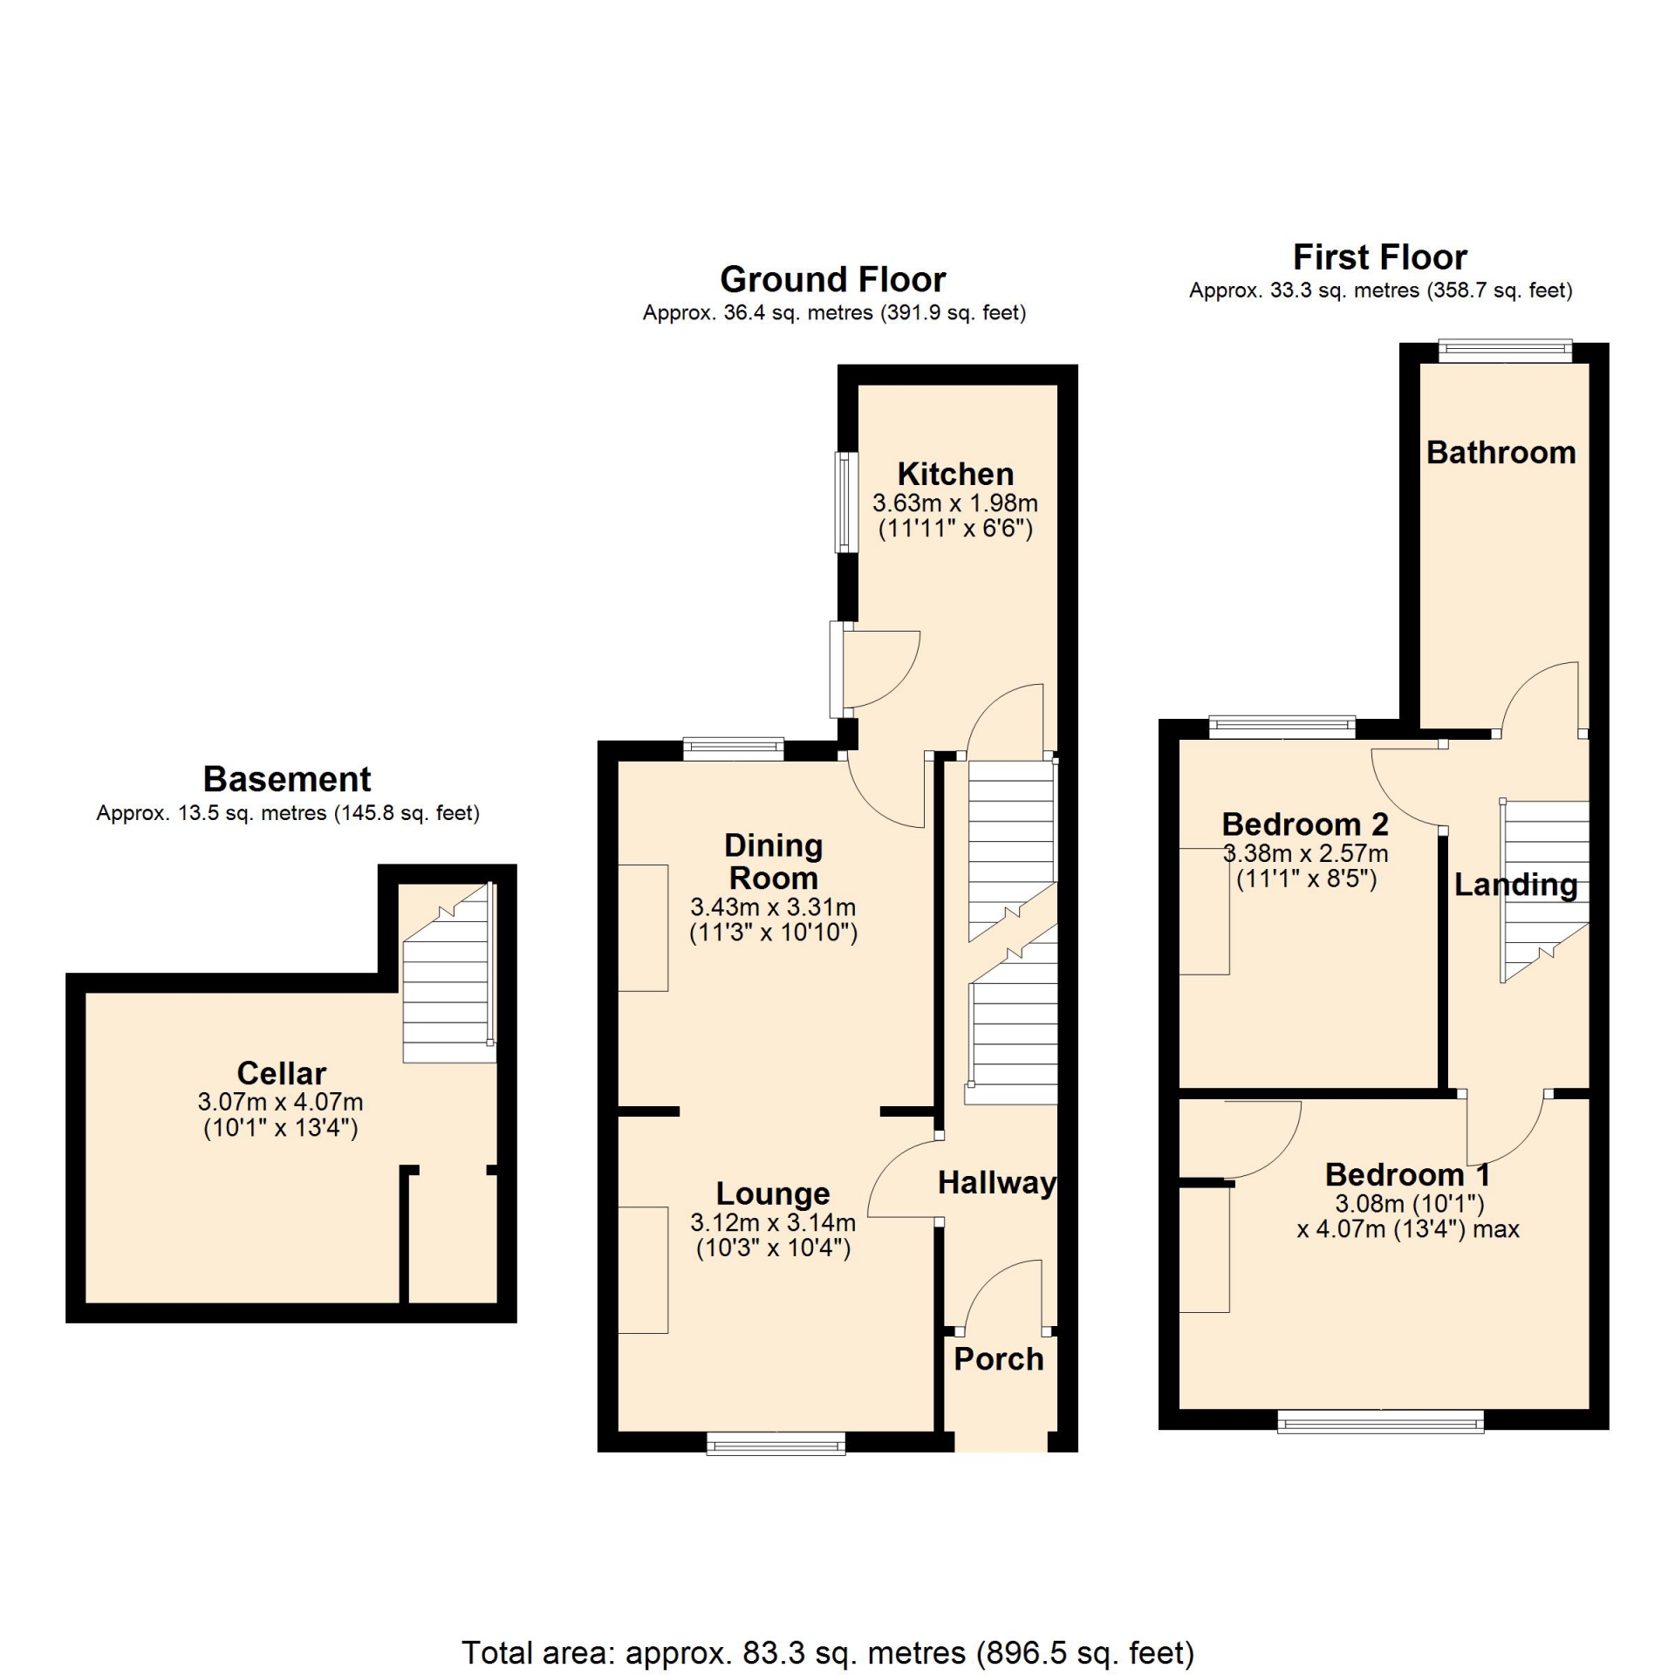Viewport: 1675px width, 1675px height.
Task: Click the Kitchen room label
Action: (955, 475)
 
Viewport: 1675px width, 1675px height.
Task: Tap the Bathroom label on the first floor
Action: (1501, 453)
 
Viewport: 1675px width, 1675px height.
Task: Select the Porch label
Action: (998, 1359)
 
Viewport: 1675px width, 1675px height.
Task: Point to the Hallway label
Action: (997, 1183)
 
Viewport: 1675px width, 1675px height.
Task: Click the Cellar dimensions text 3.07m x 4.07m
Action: (280, 1102)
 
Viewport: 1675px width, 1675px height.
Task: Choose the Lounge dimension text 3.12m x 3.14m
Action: (773, 1222)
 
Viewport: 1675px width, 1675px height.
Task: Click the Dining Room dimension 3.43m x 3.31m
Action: (773, 906)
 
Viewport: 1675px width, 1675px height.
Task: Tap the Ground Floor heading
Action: (833, 279)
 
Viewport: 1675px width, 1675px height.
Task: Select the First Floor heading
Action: (1380, 257)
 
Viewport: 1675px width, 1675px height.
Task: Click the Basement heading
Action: (287, 779)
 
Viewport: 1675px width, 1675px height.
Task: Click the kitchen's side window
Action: (846, 502)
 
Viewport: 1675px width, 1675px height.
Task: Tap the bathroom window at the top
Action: (1505, 352)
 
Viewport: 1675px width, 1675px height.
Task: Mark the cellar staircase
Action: (448, 973)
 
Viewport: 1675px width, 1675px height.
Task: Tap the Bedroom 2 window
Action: (1282, 727)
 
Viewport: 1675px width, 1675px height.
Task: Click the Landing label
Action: (1515, 885)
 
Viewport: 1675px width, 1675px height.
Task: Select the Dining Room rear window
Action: (733, 749)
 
